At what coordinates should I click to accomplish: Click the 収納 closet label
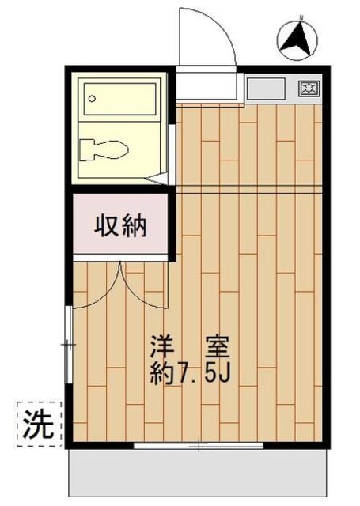tap(121, 227)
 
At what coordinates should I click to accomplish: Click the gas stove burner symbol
tap(309, 89)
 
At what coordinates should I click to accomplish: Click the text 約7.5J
tap(190, 372)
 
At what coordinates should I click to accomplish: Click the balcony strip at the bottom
tap(198, 474)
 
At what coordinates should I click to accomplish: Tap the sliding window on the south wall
tap(198, 447)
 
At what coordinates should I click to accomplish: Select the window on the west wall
tap(69, 344)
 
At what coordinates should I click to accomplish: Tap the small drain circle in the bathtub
tap(93, 100)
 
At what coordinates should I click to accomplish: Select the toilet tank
tap(87, 148)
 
